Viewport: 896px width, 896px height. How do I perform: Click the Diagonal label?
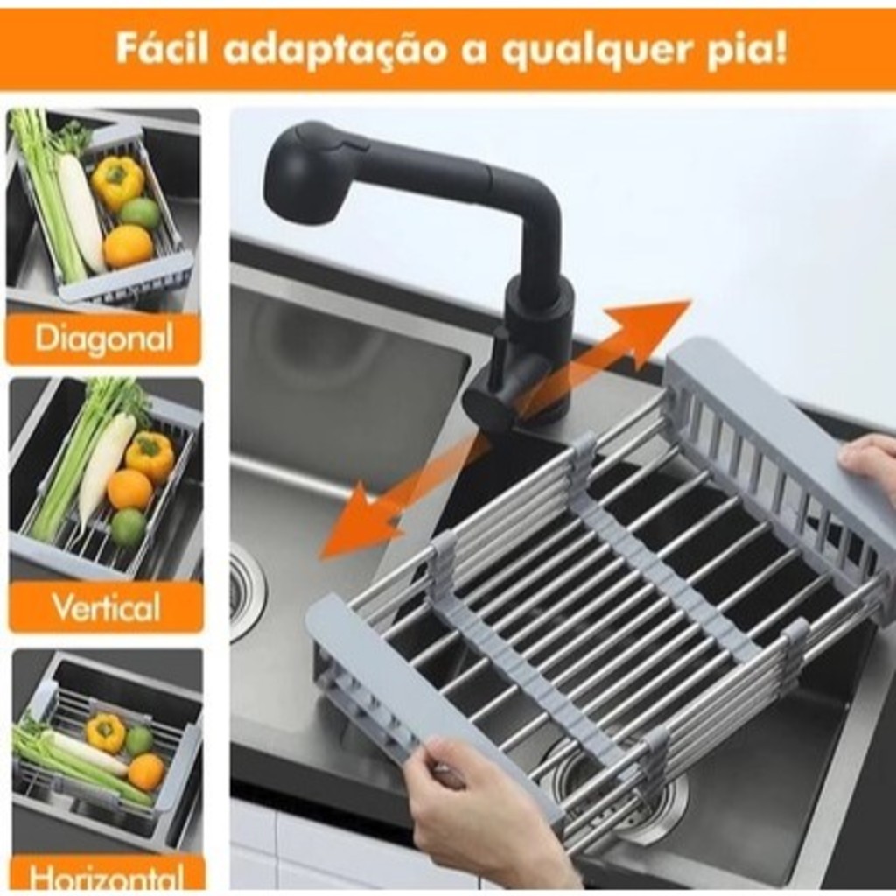point(104,339)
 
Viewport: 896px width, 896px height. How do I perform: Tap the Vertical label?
point(106,607)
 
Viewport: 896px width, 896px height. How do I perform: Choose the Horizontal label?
point(107,877)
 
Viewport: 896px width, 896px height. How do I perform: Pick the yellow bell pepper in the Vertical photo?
point(150,455)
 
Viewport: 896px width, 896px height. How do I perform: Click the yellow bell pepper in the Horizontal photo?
point(106,732)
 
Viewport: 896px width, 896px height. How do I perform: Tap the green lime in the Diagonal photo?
point(140,213)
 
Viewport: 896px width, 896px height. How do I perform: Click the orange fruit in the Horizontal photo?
point(147,772)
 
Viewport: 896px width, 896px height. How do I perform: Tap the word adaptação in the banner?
point(334,50)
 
